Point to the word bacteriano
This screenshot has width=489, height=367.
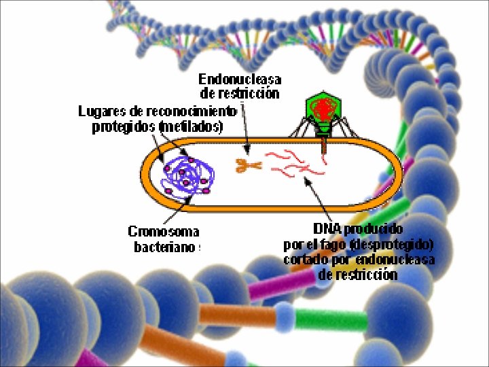(x=164, y=247)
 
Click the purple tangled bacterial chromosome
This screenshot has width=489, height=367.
(x=187, y=175)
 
